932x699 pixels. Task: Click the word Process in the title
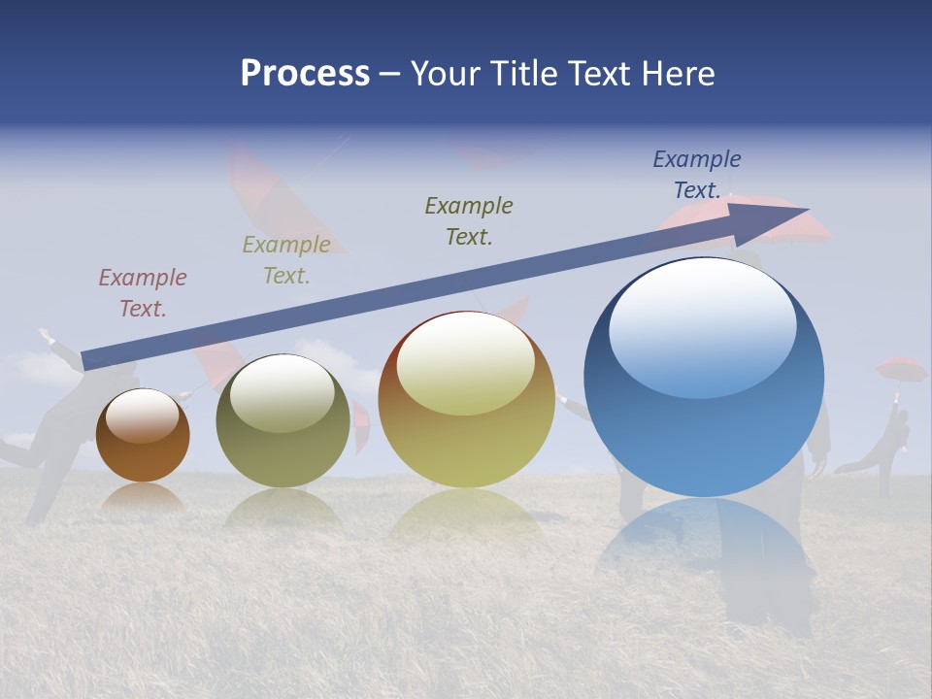tap(305, 74)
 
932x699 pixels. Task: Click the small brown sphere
tap(143, 437)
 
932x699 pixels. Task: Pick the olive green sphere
tap(283, 422)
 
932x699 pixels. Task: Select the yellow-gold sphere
tap(466, 400)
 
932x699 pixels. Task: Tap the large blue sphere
tap(704, 379)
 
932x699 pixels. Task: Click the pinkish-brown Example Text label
tap(143, 293)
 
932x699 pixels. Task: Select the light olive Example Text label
tap(286, 260)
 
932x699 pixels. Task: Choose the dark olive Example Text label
tap(469, 220)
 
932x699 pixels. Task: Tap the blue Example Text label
tap(696, 175)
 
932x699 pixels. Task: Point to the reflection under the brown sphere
tap(143, 498)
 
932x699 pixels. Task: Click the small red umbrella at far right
tap(901, 369)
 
